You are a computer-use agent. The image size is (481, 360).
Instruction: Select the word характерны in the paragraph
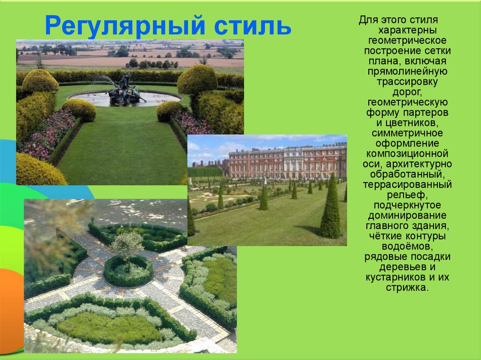[407, 31]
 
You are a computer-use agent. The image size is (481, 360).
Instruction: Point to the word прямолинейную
[407, 72]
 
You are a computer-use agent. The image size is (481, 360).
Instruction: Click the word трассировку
[407, 82]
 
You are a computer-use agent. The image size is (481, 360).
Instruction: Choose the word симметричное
[407, 133]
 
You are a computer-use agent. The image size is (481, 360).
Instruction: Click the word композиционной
[407, 154]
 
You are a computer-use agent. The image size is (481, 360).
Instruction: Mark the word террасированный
[407, 185]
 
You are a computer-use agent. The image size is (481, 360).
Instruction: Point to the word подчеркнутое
[407, 206]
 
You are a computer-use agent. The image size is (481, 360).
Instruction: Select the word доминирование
[407, 216]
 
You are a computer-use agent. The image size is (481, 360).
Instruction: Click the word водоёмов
[407, 246]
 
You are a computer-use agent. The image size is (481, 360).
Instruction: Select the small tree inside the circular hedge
[127, 245]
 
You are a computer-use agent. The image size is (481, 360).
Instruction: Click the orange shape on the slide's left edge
[11, 310]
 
